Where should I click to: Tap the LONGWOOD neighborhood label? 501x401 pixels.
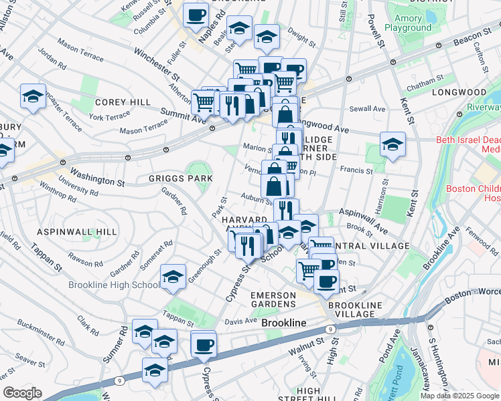click(458, 92)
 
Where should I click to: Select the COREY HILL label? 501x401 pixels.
click(117, 102)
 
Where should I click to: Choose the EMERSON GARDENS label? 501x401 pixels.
click(273, 300)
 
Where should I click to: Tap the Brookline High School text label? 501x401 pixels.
click(114, 285)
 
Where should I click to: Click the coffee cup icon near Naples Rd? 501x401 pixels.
click(196, 15)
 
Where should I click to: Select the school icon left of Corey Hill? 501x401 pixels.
click(33, 97)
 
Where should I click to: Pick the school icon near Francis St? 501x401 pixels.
click(392, 144)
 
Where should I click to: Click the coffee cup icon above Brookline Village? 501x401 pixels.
click(326, 281)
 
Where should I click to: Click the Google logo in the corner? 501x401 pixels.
click(22, 394)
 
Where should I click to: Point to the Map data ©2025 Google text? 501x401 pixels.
click(459, 396)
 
